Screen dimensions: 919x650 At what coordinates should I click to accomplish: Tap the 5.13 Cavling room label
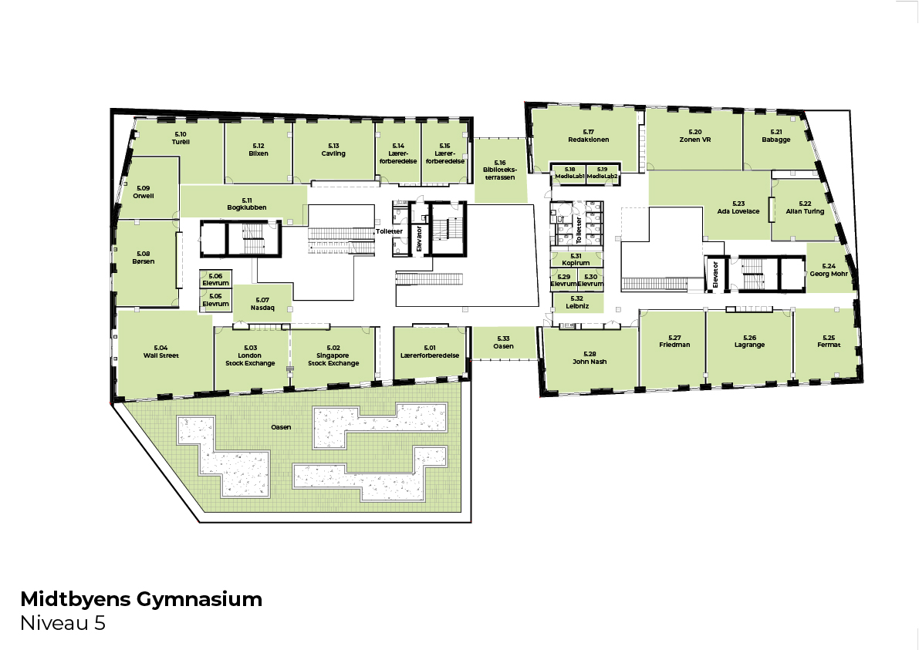pyautogui.click(x=333, y=150)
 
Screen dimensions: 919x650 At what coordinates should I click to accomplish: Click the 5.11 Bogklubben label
pyautogui.click(x=247, y=204)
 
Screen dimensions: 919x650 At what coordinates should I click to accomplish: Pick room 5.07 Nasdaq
pyautogui.click(x=262, y=304)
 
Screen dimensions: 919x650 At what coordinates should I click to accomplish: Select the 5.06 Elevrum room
pyautogui.click(x=216, y=279)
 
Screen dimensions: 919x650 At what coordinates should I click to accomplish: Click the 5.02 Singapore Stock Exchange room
pyautogui.click(x=333, y=355)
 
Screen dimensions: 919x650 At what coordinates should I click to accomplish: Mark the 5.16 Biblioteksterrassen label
pyautogui.click(x=499, y=170)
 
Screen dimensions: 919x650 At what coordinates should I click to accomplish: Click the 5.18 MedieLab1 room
pyautogui.click(x=569, y=174)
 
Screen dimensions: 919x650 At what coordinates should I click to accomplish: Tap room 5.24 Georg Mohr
pyautogui.click(x=828, y=270)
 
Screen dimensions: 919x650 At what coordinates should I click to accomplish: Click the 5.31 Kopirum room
pyautogui.click(x=576, y=259)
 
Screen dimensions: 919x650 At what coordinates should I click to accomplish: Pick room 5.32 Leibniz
pyautogui.click(x=577, y=302)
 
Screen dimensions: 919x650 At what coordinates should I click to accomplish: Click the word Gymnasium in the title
pyautogui.click(x=199, y=599)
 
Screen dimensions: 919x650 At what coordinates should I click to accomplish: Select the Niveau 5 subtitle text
pyautogui.click(x=63, y=623)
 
